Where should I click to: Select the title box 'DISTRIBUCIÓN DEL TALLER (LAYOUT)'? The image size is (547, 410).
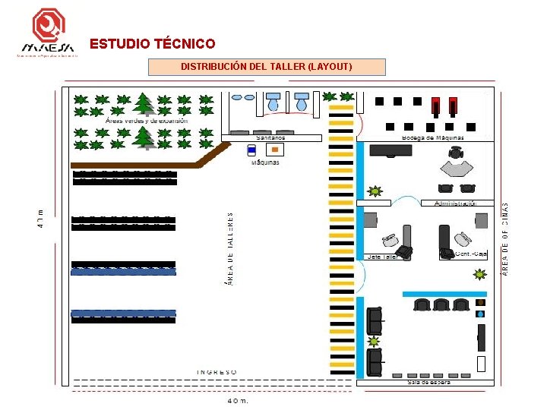point(266,67)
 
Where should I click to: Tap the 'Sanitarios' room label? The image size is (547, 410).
point(271,137)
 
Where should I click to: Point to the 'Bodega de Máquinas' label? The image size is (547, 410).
point(432,137)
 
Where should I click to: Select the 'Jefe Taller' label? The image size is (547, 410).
point(383,257)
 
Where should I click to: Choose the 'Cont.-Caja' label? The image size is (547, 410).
point(471,254)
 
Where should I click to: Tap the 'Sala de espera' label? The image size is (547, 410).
point(429,383)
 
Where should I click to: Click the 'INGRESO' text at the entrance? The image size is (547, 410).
point(217,372)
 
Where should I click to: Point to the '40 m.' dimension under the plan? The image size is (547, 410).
point(239,400)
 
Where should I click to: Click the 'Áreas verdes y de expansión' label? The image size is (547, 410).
point(147,120)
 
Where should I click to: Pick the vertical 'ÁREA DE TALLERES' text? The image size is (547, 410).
point(230,248)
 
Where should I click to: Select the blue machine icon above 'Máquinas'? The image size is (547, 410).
point(251,150)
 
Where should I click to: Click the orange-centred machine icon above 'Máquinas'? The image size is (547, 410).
point(274,150)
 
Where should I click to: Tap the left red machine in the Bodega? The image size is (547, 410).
point(435,106)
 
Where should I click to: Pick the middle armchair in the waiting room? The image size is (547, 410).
point(441,305)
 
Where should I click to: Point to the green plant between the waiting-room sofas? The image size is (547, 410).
point(374,342)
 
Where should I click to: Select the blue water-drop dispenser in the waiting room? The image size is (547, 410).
point(480,313)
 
